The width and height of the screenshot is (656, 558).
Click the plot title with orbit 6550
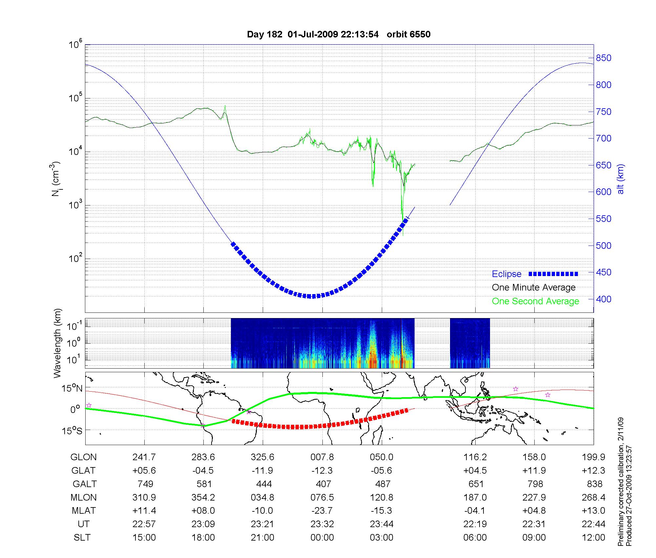[338, 34]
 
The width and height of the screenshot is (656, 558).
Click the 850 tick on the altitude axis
[604, 58]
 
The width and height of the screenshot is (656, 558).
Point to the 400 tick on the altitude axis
[604, 299]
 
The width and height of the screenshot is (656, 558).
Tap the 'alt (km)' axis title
[621, 179]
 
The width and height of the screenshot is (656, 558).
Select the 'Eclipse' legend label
[506, 274]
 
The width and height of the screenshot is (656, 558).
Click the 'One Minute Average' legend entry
[534, 288]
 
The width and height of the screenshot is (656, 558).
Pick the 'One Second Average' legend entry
[535, 301]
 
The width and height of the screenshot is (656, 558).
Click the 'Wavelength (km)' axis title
[57, 343]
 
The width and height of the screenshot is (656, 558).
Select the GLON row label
[84, 457]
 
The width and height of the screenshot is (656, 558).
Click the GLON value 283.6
[203, 457]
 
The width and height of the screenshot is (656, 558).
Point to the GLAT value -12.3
[322, 471]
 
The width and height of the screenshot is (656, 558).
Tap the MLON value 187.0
[475, 498]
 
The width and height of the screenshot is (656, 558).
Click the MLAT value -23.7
[322, 511]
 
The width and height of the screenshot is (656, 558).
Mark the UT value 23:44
[382, 524]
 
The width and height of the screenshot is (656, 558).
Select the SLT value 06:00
[475, 538]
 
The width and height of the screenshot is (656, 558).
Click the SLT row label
[82, 538]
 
